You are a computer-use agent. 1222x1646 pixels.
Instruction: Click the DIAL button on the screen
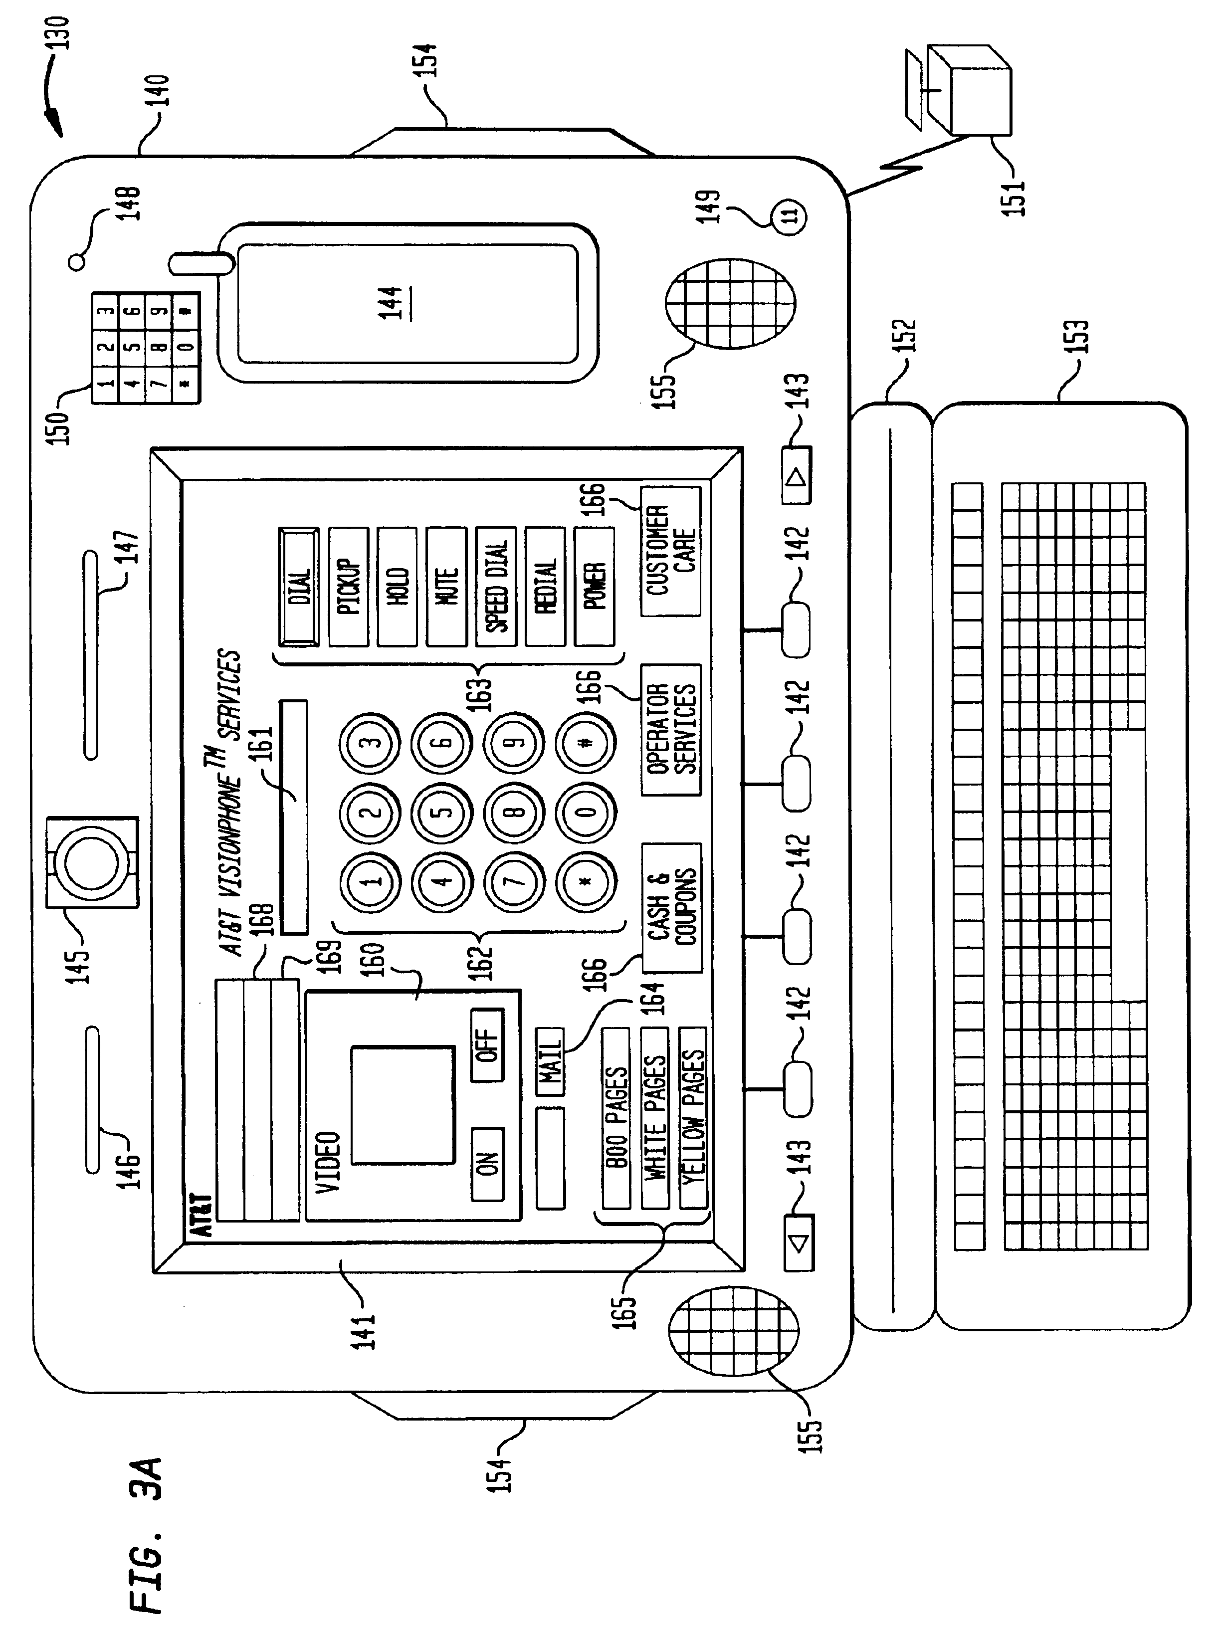pos(299,587)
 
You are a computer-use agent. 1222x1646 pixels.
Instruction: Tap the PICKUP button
pos(349,587)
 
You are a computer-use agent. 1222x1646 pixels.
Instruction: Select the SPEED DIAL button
pos(496,587)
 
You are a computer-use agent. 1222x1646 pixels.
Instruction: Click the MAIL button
pos(550,1061)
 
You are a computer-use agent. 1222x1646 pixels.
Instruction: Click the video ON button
pos(487,1164)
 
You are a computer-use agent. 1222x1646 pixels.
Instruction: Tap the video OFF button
pos(487,1044)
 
